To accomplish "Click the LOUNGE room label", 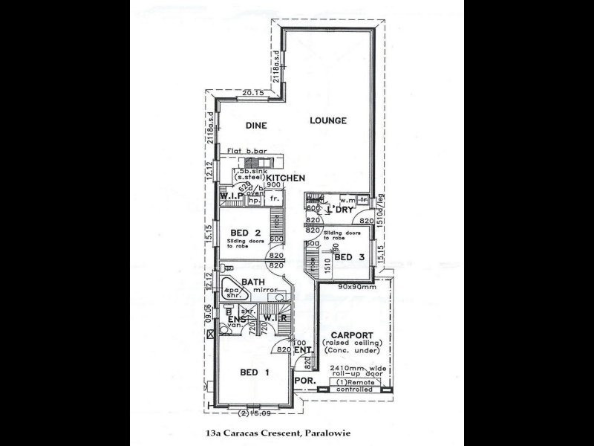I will (x=328, y=120).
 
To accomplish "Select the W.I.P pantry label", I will (x=232, y=196).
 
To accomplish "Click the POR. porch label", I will (x=304, y=381).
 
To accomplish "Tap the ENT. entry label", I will (x=302, y=349).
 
